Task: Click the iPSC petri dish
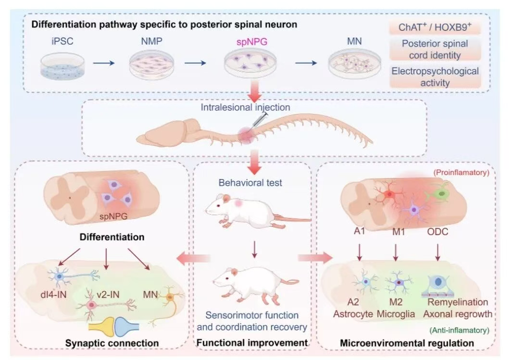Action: [61, 67]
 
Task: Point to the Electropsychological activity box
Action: [435, 77]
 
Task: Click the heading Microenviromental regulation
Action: [407, 343]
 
